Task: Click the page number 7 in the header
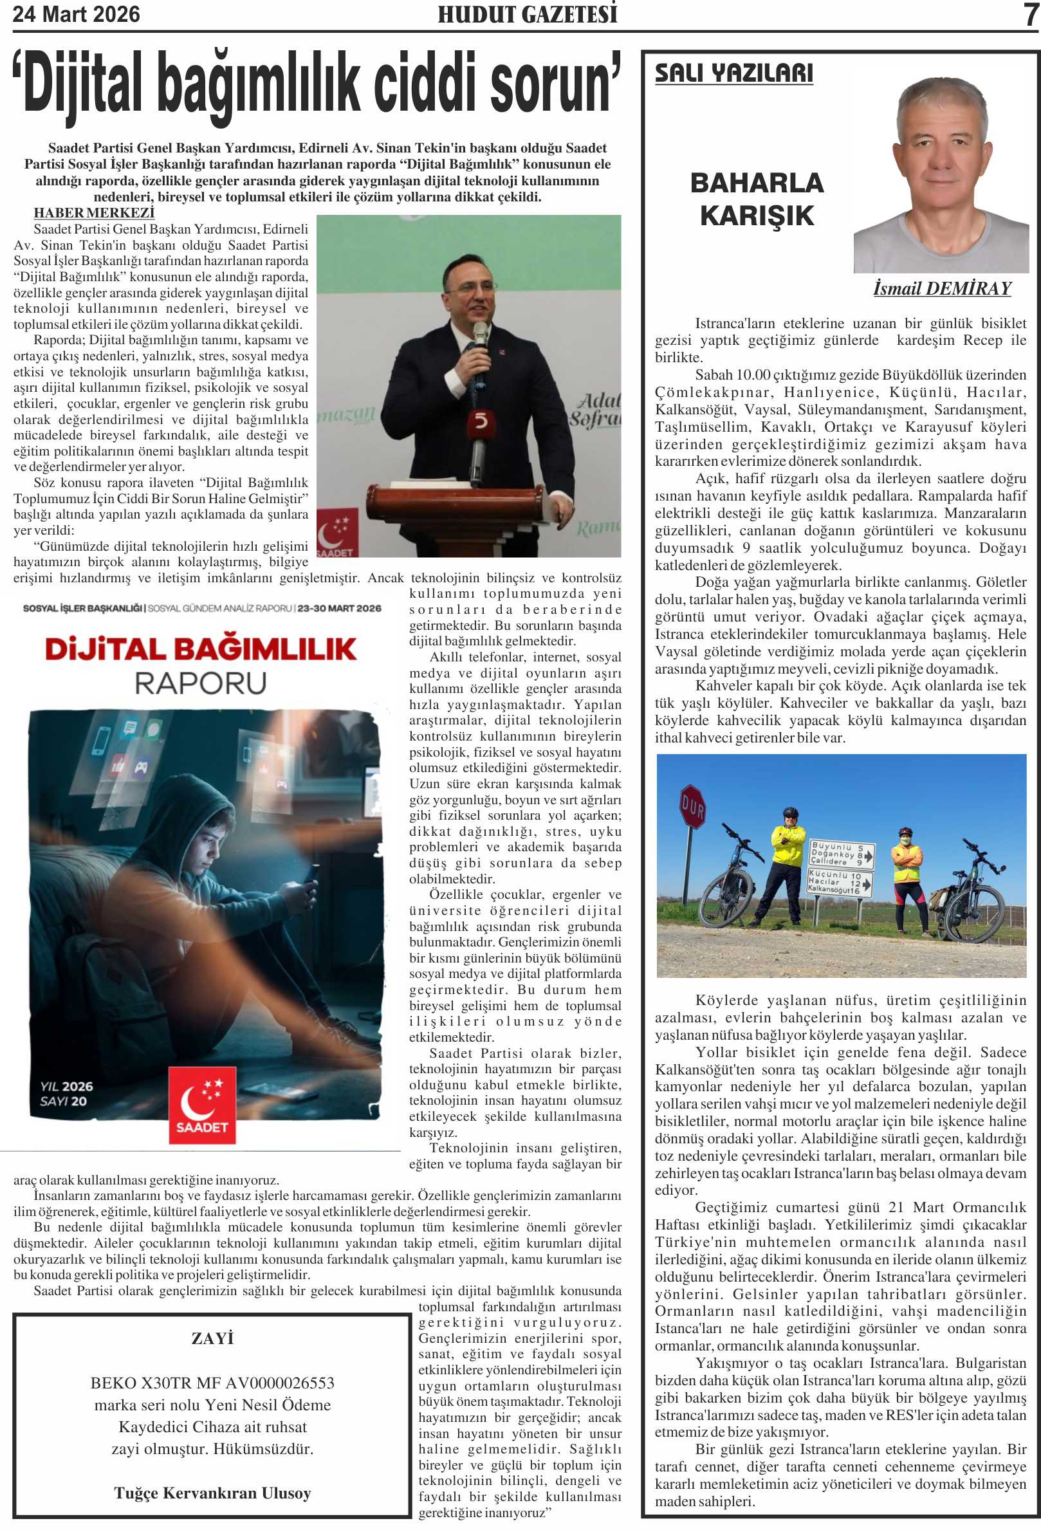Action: click(x=1031, y=15)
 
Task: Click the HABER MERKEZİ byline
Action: click(x=94, y=213)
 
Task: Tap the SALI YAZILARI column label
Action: click(x=733, y=73)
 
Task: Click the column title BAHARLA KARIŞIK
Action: click(x=757, y=199)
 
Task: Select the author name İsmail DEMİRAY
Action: click(x=941, y=288)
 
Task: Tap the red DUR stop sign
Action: click(x=692, y=806)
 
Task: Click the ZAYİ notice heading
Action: click(x=212, y=1338)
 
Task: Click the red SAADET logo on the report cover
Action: click(x=202, y=1104)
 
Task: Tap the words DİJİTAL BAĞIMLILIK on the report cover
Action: click(x=201, y=649)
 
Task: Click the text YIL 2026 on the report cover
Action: click(x=66, y=1085)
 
